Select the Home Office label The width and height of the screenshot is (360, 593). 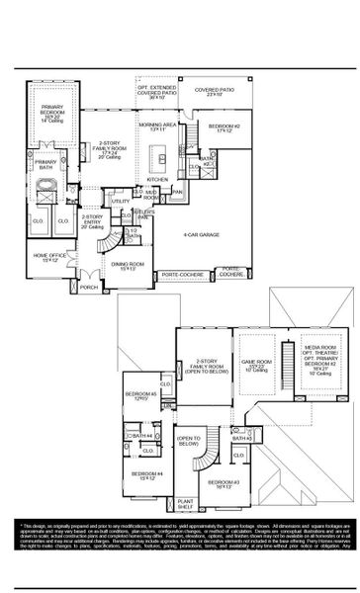51,258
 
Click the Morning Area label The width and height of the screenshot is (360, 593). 156,127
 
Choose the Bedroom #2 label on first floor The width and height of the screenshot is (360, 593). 224,128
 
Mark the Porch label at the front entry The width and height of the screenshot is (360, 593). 88,288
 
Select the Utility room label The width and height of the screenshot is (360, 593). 120,202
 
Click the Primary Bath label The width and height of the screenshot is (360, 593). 46,163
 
